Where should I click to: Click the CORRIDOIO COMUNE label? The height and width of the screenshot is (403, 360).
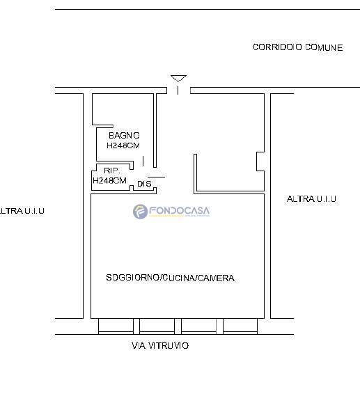tap(298, 47)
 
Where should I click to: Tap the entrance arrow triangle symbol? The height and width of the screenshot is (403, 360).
tap(178, 79)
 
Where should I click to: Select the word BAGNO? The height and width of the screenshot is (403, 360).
tap(124, 136)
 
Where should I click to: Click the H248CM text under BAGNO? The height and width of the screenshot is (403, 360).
tap(123, 145)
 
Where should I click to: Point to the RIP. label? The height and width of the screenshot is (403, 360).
tap(112, 171)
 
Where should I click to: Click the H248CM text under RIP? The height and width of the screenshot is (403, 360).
tap(109, 180)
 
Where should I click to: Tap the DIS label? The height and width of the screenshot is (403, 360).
tap(144, 184)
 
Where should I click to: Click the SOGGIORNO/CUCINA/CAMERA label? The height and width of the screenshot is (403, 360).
tap(170, 278)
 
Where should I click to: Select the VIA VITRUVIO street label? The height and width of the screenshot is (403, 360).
tap(160, 346)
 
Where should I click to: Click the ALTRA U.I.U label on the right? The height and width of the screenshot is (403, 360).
tap(311, 199)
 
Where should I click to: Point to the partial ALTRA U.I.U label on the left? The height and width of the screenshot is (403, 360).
tap(22, 211)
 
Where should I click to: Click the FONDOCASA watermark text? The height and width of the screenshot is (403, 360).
tap(179, 211)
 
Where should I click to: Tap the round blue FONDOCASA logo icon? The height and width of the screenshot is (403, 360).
tap(140, 212)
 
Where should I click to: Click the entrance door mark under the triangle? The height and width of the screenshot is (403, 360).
tap(178, 90)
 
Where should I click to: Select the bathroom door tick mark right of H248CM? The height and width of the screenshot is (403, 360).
tap(143, 161)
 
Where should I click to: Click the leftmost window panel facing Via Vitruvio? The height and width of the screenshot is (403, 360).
tap(116, 326)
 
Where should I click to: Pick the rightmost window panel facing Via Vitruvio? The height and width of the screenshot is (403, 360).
tap(240, 326)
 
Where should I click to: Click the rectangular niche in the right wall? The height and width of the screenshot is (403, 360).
tap(260, 161)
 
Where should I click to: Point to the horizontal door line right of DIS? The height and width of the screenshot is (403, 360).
tap(157, 177)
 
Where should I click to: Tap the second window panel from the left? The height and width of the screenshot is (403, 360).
tap(157, 326)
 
